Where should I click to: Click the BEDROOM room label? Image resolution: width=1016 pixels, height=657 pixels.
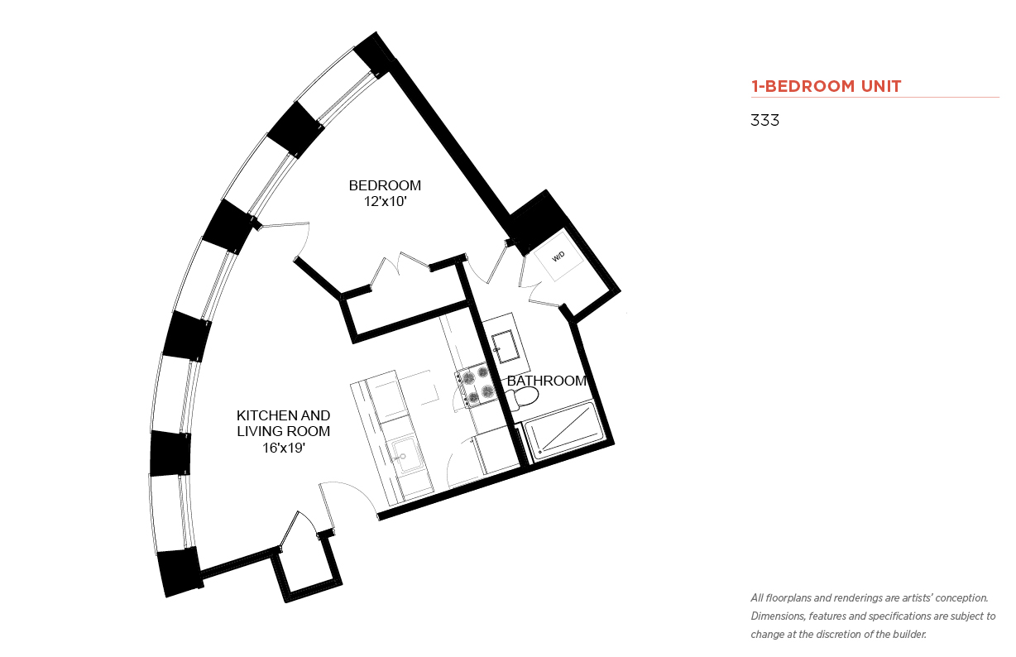click(x=385, y=185)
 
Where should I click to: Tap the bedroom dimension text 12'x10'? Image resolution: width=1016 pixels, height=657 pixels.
click(x=385, y=201)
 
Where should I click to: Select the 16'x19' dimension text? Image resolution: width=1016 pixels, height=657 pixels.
click(x=284, y=448)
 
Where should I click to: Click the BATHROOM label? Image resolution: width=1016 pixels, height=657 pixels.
click(x=547, y=381)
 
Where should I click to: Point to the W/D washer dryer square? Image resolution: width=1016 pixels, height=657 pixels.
click(x=558, y=257)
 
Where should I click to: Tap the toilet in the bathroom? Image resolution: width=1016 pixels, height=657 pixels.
click(x=523, y=398)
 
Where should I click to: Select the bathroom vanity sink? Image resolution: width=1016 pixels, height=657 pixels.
click(x=506, y=347)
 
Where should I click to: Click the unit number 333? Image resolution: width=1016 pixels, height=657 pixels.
click(x=764, y=120)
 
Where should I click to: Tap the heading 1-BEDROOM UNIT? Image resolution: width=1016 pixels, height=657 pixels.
click(x=826, y=86)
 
